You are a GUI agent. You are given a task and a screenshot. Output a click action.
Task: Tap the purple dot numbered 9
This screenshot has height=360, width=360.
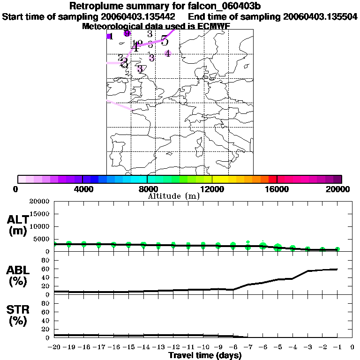pyautogui.click(x=127, y=33)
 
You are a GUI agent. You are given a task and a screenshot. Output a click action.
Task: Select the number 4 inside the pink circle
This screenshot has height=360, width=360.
pyautogui.click(x=167, y=53)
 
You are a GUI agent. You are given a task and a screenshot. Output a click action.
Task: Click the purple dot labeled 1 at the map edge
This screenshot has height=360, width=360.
pyautogui.click(x=109, y=37)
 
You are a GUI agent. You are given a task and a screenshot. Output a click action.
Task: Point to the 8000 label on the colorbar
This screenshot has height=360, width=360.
pyautogui.click(x=147, y=189)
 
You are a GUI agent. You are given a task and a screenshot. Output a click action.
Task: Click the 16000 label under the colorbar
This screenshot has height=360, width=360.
pyautogui.click(x=277, y=189)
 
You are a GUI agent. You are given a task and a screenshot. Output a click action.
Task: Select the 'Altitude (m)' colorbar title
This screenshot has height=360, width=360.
pyautogui.click(x=173, y=196)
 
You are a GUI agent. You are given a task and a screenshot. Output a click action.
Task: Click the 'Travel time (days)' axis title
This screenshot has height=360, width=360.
pyautogui.click(x=205, y=356)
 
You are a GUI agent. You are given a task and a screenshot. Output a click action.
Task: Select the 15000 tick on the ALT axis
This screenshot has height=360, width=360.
pyautogui.click(x=40, y=214)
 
